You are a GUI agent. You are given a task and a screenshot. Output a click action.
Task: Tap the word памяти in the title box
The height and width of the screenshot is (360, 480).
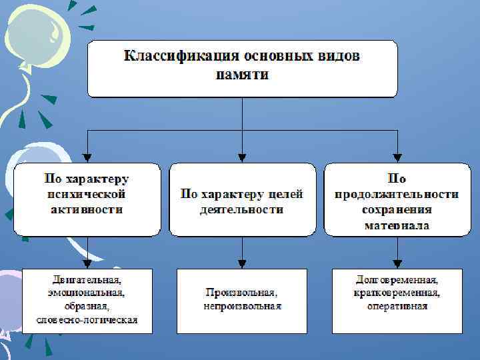(242, 74)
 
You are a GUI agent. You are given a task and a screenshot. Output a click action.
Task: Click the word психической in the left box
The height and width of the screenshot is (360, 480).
(87, 195)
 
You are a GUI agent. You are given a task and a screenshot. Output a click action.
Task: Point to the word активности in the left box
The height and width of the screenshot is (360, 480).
(87, 210)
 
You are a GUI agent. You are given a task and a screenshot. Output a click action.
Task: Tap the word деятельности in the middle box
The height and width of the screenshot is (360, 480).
(241, 210)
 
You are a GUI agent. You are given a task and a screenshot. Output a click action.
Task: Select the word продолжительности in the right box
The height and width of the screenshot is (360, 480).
(397, 195)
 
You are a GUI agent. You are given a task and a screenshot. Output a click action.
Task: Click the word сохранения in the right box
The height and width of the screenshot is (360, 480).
(397, 210)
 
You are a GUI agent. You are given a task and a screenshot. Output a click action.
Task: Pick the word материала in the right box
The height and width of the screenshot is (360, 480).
(397, 225)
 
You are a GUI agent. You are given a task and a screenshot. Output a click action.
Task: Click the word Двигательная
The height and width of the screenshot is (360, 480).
(87, 279)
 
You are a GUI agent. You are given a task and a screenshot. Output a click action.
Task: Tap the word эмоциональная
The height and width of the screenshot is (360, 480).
(87, 293)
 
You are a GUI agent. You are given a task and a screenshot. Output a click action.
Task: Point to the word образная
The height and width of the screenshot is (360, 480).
(87, 306)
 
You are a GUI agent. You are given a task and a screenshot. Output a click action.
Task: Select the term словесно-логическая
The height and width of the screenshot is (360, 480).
(87, 320)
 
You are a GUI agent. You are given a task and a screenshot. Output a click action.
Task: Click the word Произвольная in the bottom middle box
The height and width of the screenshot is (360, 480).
(241, 293)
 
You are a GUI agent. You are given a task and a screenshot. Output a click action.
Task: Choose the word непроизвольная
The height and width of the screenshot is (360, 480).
(242, 307)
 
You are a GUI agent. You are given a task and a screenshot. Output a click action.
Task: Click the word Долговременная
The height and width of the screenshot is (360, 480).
(397, 279)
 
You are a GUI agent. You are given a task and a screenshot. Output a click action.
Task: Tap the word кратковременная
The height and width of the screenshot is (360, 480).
(397, 293)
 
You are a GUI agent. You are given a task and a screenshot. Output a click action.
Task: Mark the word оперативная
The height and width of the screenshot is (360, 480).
(397, 307)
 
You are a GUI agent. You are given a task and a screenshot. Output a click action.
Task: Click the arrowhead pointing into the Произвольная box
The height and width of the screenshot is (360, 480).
(242, 263)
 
